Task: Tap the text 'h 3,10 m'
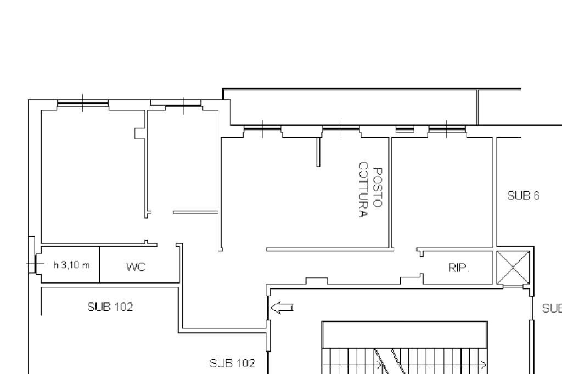[x=71, y=265]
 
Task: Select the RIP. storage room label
[x=458, y=268]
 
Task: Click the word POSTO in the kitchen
[x=376, y=187]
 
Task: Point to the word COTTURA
[x=362, y=190]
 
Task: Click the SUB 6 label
[x=523, y=196]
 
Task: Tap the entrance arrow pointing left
[x=282, y=308]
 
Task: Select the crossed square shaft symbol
[x=513, y=268]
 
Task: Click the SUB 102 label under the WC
[x=110, y=307]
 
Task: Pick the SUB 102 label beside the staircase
[x=232, y=362]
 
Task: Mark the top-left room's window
[x=83, y=103]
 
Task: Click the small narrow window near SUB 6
[x=405, y=129]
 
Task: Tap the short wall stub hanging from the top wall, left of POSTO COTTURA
[x=318, y=152]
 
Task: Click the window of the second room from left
[x=183, y=104]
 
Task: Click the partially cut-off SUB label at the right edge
[x=552, y=308]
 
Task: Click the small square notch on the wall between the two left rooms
[x=140, y=133]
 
